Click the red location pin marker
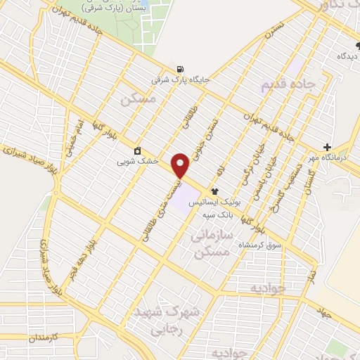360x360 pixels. point(181,165)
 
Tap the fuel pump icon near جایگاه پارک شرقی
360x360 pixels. point(181,69)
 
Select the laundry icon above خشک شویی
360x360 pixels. point(136,150)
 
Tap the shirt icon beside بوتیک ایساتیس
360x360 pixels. point(214,191)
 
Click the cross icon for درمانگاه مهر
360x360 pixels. point(327,147)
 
